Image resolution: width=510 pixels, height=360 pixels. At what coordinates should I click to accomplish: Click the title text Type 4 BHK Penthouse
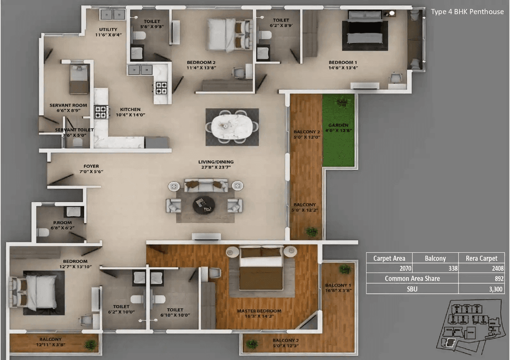tap(467, 12)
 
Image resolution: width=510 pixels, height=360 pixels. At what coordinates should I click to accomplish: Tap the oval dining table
tap(232, 126)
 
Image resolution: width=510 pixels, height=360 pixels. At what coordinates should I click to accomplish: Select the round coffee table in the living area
tap(204, 205)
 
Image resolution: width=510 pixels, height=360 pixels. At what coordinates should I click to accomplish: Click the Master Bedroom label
tap(259, 311)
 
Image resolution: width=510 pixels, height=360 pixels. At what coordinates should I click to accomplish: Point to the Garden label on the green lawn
tap(338, 125)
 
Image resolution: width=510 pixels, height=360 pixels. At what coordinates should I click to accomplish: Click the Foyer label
tap(91, 166)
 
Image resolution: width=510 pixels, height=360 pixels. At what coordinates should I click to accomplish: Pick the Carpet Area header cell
tap(389, 258)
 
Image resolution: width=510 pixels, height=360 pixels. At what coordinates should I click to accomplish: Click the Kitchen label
tap(130, 110)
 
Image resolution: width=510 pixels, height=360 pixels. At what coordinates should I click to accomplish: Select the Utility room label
tap(108, 30)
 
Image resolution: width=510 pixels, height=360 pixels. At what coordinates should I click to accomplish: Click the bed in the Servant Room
tap(79, 79)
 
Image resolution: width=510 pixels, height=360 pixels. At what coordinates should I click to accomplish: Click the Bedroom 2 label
tap(201, 63)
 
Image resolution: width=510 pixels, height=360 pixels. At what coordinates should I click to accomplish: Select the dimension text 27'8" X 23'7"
tap(216, 167)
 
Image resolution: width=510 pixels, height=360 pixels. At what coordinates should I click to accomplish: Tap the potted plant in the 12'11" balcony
tap(91, 344)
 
